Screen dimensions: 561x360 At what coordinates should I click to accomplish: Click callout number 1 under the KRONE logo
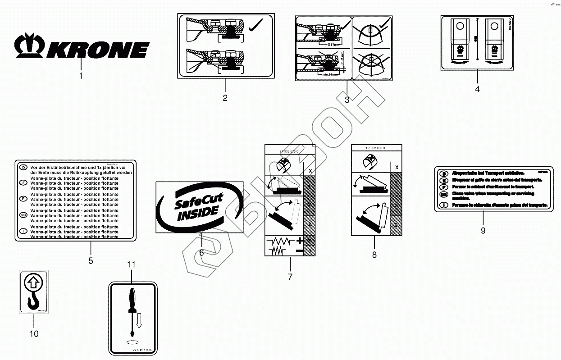[81, 76]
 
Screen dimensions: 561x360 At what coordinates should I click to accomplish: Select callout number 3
[347, 100]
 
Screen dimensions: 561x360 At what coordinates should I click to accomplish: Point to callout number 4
[477, 89]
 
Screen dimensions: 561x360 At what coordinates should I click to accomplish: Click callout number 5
[91, 260]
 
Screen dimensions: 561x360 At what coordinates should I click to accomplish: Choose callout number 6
[201, 253]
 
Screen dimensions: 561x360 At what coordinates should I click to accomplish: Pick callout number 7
[290, 277]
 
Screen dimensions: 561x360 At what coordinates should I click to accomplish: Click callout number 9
[483, 230]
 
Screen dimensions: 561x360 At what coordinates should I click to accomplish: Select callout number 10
[34, 334]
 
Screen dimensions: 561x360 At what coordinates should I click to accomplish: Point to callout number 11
[131, 264]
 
